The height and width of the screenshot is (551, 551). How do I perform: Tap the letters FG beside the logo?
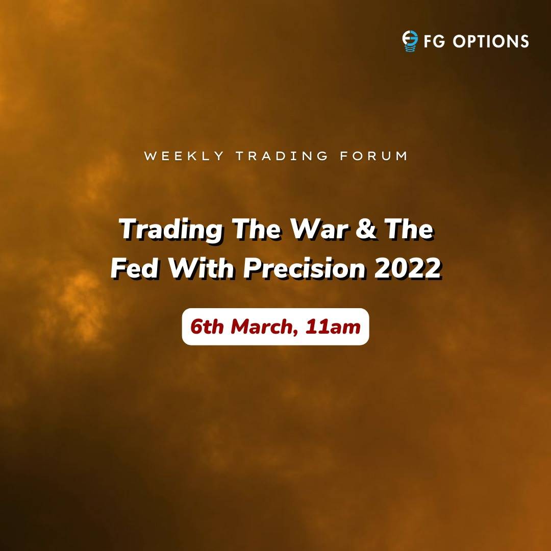pos(435,41)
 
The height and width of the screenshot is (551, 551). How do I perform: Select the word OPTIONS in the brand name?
pos(491,41)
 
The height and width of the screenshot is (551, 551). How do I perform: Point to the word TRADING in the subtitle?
pos(282,156)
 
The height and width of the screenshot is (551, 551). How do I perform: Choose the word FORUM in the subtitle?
pos(373,156)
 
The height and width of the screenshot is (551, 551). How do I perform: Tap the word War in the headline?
pos(319,229)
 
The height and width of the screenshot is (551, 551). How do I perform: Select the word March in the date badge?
pos(261,327)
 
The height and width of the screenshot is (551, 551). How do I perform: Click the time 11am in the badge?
pos(333,327)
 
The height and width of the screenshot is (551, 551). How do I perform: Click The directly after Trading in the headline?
pos(257,229)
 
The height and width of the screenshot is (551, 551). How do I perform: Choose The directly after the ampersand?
pos(409,229)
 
